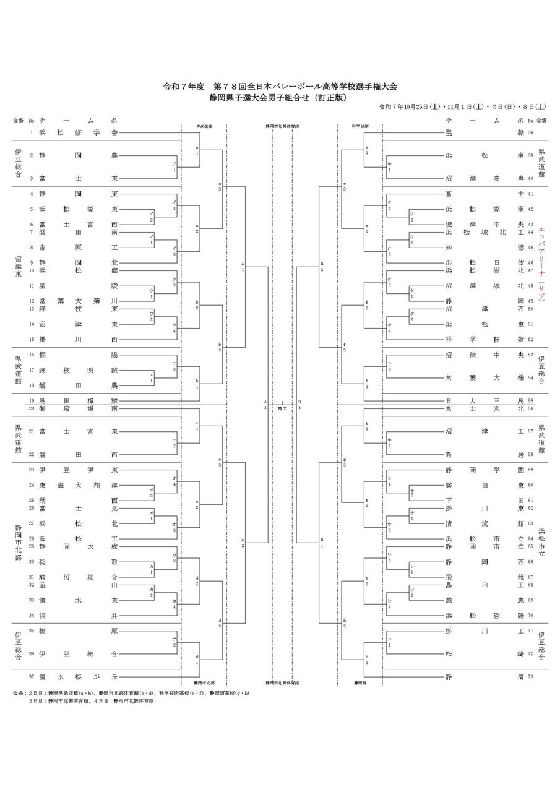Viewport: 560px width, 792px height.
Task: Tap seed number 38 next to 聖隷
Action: click(530, 133)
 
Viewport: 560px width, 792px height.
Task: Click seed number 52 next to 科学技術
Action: click(530, 339)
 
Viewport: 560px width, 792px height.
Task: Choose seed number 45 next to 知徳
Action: click(530, 247)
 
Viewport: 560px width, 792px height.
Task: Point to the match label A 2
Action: click(243, 543)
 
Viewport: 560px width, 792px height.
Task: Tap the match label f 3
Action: click(344, 347)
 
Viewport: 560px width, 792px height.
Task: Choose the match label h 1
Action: click(367, 660)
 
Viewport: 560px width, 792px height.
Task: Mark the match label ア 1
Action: click(174, 167)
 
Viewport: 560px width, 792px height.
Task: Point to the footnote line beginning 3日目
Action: click(92, 701)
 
